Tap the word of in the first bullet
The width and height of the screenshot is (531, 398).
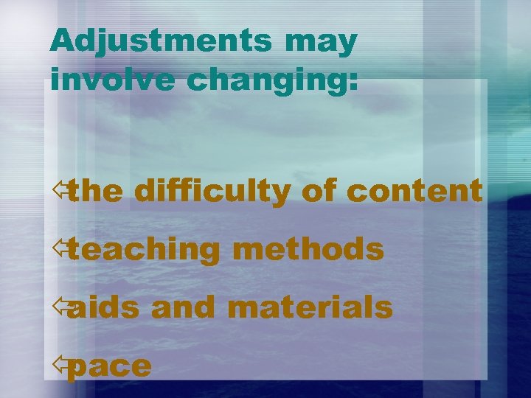319,192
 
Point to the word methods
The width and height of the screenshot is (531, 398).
308,249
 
